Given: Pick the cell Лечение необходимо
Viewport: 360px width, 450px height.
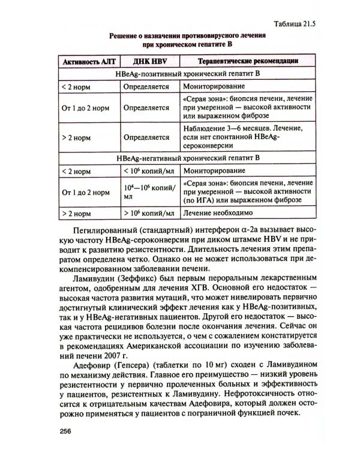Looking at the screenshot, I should coord(217,213).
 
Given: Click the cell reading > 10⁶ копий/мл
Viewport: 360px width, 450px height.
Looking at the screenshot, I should coord(149,213).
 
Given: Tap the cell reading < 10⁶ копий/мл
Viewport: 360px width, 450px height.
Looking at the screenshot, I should coord(149,171).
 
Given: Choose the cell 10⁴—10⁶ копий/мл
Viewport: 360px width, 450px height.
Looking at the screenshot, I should coord(149,191).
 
